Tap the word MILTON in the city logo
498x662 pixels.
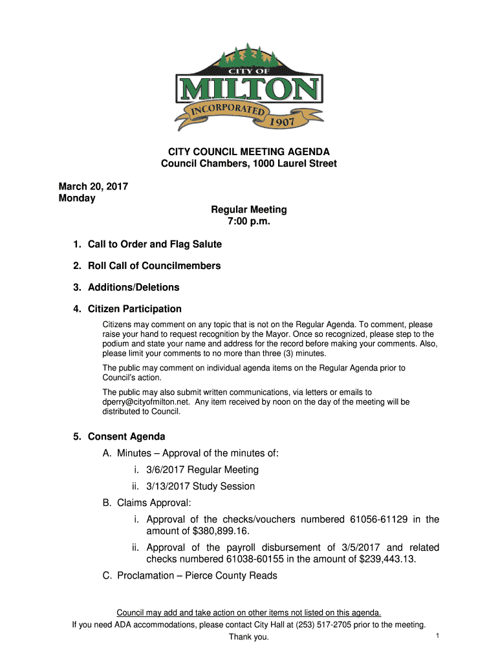click(250, 91)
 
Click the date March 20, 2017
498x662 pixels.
click(93, 187)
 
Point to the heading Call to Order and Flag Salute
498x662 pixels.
click(155, 244)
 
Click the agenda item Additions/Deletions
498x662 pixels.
click(134, 287)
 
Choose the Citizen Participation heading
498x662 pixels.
click(135, 309)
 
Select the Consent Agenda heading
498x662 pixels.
click(127, 436)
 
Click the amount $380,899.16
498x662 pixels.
click(221, 531)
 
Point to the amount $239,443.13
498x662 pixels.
click(387, 559)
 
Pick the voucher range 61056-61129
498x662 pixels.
click(378, 519)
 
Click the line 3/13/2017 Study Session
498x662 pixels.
click(200, 486)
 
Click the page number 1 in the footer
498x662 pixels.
click(438, 637)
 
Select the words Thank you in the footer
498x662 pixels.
click(249, 638)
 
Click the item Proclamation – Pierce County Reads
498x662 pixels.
click(197, 575)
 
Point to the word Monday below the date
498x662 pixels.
click(77, 198)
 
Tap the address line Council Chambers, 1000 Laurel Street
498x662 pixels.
click(249, 164)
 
